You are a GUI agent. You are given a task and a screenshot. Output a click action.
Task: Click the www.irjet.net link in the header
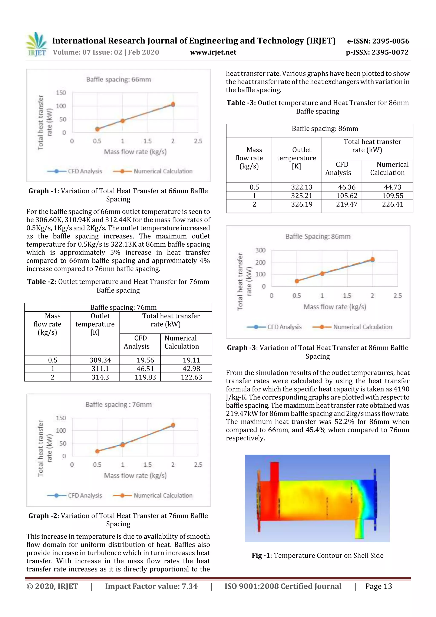[213, 52]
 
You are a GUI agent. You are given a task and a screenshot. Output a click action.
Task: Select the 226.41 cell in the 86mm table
[393, 204]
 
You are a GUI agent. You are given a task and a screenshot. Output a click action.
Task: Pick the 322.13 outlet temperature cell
[302, 187]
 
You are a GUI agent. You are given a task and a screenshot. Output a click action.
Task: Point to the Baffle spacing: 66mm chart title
[118, 79]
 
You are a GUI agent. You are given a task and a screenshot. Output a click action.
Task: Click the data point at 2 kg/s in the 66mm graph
[173, 104]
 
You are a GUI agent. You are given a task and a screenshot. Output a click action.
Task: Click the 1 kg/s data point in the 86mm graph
[322, 273]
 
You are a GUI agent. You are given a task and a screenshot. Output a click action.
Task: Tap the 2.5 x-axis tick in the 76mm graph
[198, 465]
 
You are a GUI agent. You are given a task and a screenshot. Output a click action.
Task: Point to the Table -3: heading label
[241, 103]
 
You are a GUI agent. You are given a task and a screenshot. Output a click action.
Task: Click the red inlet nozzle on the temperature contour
[274, 471]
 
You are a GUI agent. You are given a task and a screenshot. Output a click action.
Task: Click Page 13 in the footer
[378, 586]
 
